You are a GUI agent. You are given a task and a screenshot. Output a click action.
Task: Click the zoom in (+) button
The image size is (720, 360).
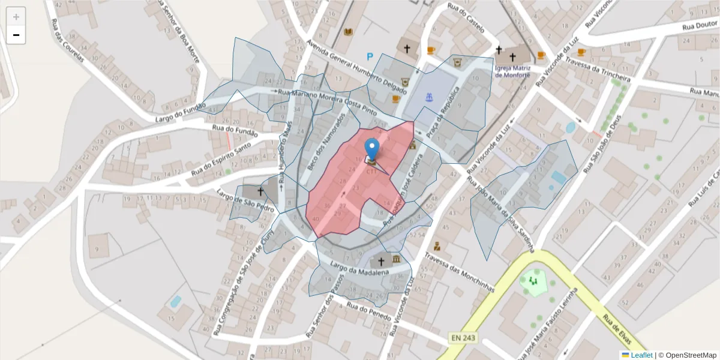16,17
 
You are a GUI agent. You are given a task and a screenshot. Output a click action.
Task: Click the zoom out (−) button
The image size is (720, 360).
16,35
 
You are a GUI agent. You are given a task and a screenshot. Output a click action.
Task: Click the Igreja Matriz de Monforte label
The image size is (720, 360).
512,71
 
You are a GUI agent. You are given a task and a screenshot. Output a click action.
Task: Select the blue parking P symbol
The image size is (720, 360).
370,57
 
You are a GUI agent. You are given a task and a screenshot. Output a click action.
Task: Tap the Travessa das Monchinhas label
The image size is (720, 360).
459,271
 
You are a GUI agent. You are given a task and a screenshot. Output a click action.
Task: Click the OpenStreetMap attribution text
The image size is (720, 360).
688,355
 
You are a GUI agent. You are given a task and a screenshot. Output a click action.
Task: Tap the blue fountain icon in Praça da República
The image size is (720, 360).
428,97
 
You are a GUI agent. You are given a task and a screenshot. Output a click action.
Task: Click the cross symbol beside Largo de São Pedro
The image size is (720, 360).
260,191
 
